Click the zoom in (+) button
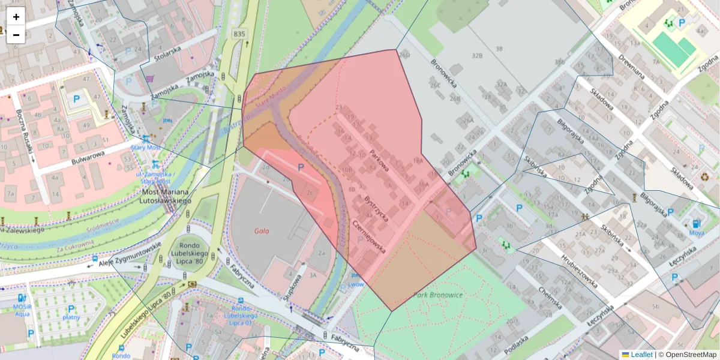[x=16, y=17]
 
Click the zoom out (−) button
[x=16, y=35]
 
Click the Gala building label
[x=261, y=230]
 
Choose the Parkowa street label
[x=380, y=160]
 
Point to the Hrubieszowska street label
[x=578, y=271]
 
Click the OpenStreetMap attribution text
[x=688, y=355]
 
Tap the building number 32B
[x=477, y=55]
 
